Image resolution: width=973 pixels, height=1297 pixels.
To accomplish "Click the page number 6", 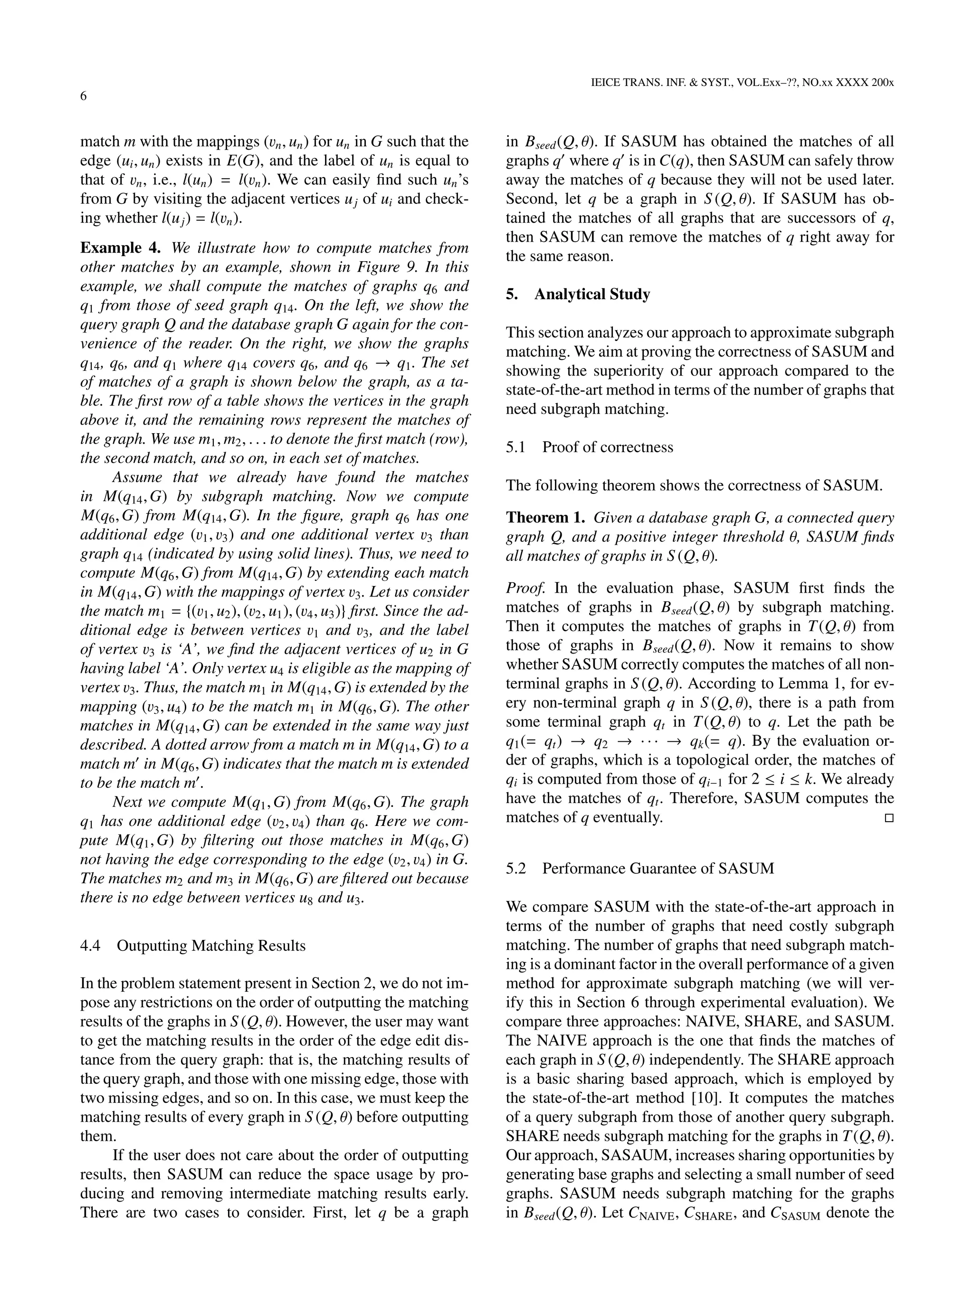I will point(83,96).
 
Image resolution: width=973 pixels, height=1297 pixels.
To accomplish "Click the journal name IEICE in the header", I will point(608,83).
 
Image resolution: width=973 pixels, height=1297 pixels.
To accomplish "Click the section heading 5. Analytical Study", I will point(578,294).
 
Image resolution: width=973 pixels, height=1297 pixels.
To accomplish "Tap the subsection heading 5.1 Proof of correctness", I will point(590,447).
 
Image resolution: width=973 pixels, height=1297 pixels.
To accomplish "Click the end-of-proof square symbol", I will point(888,818).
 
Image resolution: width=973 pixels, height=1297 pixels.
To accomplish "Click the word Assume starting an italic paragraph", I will point(134,477).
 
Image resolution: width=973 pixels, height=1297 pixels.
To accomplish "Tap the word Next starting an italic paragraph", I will point(127,802).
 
